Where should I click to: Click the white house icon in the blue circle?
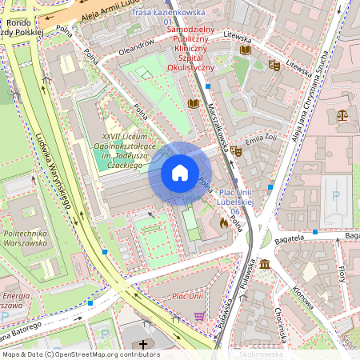coord(179,173)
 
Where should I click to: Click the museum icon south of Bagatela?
coord(264,265)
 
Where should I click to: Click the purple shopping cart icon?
coord(199,316)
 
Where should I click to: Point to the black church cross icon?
coord(144,346)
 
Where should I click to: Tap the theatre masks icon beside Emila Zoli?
coord(237,151)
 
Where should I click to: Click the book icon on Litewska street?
coord(245,50)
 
